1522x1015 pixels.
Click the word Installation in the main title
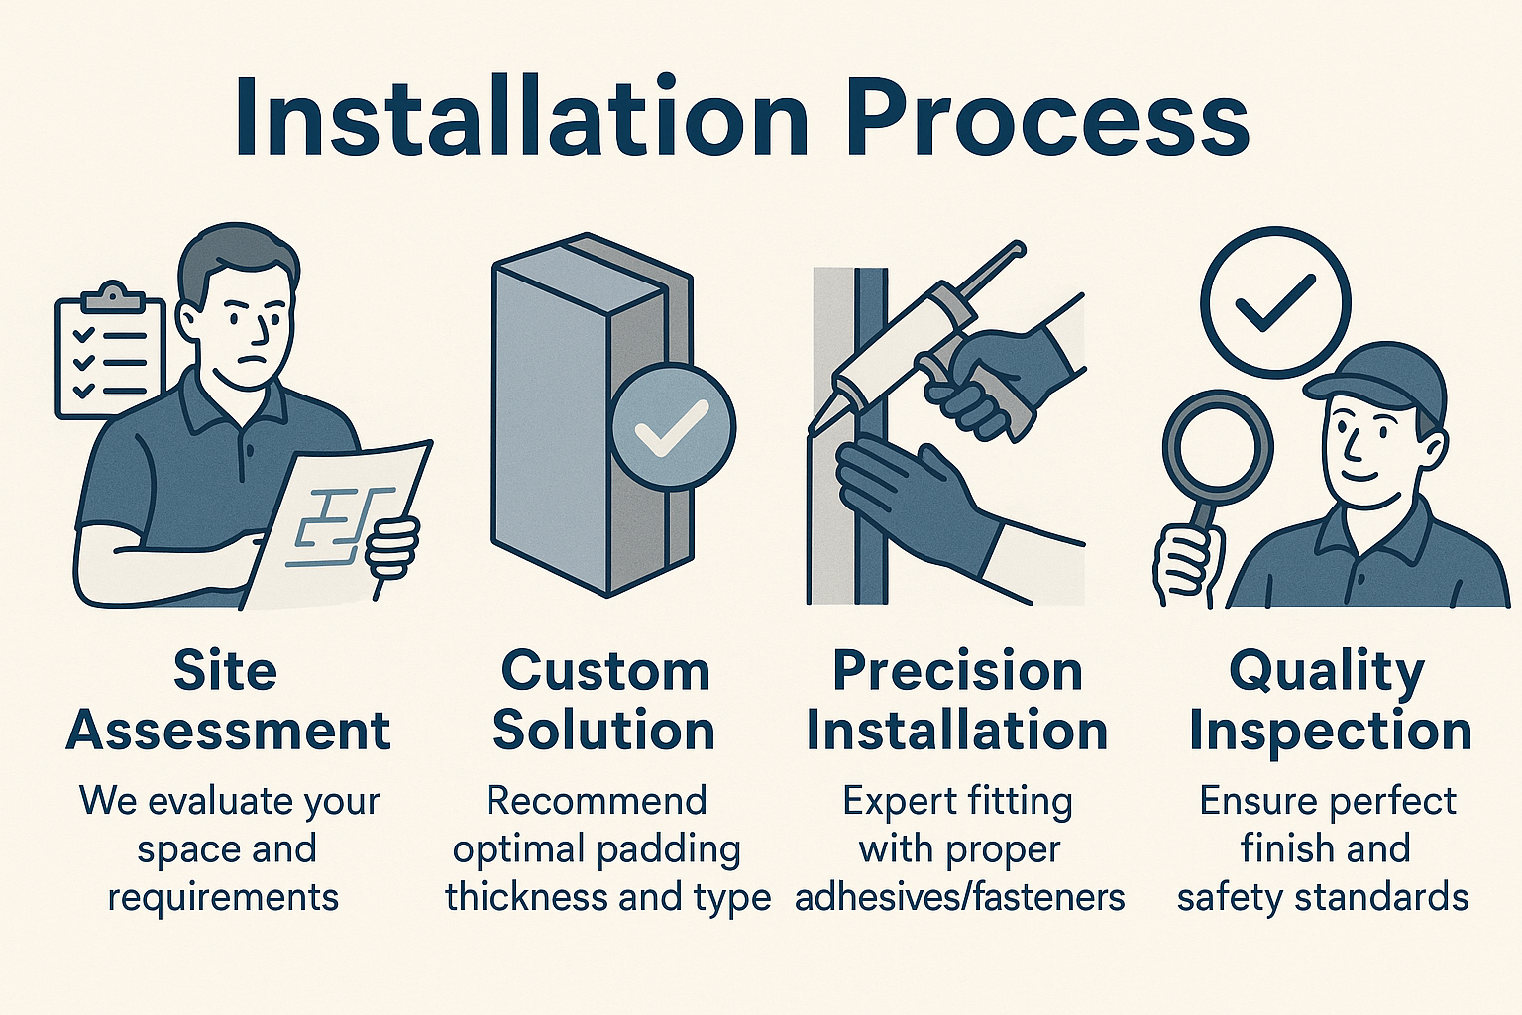[522, 117]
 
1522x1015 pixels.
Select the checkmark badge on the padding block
[673, 427]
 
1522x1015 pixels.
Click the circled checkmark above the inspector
[1275, 302]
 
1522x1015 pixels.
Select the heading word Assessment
[228, 731]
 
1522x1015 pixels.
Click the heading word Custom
[604, 672]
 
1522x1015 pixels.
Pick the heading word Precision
[957, 672]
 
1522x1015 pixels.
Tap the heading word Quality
[1327, 674]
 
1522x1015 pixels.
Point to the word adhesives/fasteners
[960, 897]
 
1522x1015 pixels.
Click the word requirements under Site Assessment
[224, 899]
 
